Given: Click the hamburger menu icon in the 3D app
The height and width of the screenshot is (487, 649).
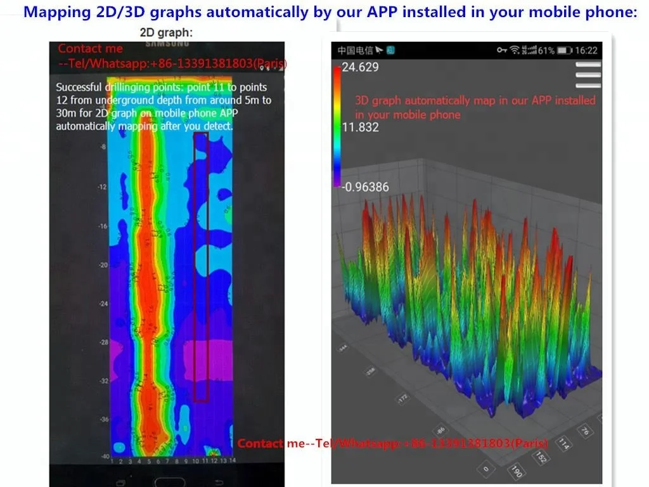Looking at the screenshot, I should (588, 75).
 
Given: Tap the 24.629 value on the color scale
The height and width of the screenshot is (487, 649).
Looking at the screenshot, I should (360, 67).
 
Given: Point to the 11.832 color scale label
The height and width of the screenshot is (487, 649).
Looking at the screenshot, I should (360, 127).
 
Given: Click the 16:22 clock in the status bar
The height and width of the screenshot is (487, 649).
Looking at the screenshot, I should (587, 50).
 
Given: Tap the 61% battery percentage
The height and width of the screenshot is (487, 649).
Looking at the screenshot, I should (547, 50).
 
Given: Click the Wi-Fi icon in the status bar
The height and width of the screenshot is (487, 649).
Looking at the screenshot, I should (515, 50).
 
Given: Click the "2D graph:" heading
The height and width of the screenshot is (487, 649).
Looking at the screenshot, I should (167, 32).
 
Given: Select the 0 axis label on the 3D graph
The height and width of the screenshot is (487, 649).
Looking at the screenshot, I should (485, 469).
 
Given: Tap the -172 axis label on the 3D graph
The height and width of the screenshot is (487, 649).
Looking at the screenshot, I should (402, 399).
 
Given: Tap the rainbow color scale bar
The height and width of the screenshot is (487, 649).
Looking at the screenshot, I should (337, 127).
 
